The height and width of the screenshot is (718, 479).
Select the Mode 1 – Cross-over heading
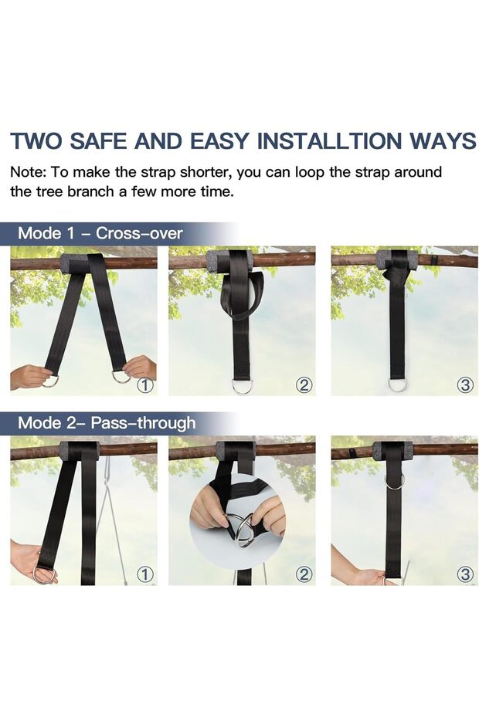tap(100, 233)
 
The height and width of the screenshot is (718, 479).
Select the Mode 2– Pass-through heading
tap(107, 422)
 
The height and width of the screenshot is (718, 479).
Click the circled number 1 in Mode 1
tap(144, 384)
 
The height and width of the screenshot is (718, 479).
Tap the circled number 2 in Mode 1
tap(304, 384)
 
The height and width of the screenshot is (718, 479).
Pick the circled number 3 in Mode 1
tap(464, 384)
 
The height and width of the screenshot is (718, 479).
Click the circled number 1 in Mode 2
tap(144, 574)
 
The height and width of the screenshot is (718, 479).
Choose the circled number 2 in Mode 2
tap(304, 574)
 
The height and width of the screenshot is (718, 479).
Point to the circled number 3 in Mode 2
tap(464, 574)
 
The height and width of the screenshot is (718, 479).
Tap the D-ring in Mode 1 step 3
tap(398, 384)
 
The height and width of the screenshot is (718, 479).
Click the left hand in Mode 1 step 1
tap(29, 377)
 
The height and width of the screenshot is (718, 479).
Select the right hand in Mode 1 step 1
tap(141, 367)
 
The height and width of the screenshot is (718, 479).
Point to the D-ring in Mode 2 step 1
tap(44, 574)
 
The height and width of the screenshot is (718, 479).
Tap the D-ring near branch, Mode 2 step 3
tap(395, 482)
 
